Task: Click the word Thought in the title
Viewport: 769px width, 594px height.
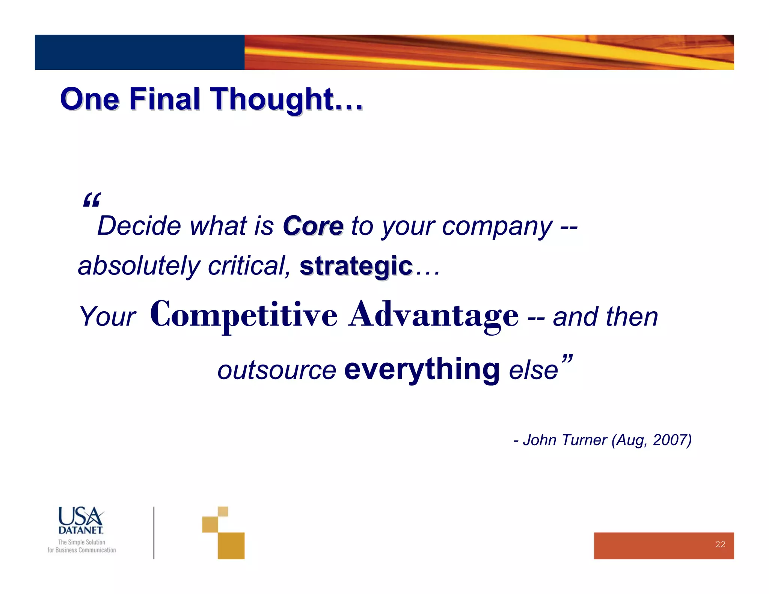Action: point(272,99)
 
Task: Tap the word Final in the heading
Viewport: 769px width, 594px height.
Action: point(164,99)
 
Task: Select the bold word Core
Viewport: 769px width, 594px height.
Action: point(313,226)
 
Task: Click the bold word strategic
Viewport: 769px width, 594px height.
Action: point(356,266)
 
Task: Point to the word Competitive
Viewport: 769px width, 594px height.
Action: point(244,315)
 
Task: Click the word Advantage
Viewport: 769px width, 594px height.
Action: point(434,315)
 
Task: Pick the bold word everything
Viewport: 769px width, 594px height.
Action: point(422,369)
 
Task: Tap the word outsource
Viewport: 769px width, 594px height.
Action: point(277,370)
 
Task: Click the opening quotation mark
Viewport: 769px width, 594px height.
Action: point(92,200)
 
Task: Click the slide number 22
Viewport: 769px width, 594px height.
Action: point(720,544)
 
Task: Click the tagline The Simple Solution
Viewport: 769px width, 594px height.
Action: point(81,542)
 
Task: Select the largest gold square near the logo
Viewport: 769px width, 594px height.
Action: point(231,546)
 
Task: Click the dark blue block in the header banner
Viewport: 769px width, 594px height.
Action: point(139,52)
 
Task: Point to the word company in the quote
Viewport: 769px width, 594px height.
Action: point(497,227)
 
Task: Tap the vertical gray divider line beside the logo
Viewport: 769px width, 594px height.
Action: point(154,532)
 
